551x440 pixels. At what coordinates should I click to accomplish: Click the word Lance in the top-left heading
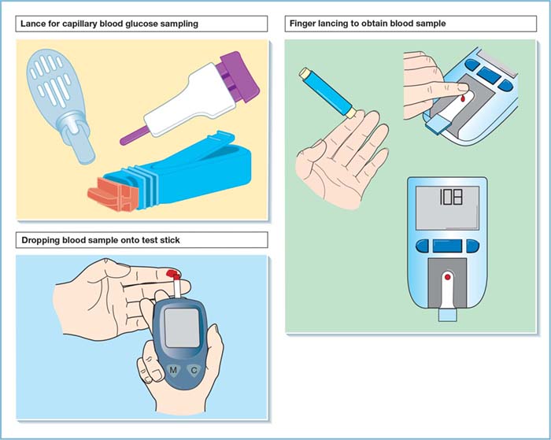35,24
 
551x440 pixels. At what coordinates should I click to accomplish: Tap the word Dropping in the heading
39,239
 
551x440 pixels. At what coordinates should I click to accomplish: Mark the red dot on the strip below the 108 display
448,278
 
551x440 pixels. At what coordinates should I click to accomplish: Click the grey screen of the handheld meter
181,326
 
